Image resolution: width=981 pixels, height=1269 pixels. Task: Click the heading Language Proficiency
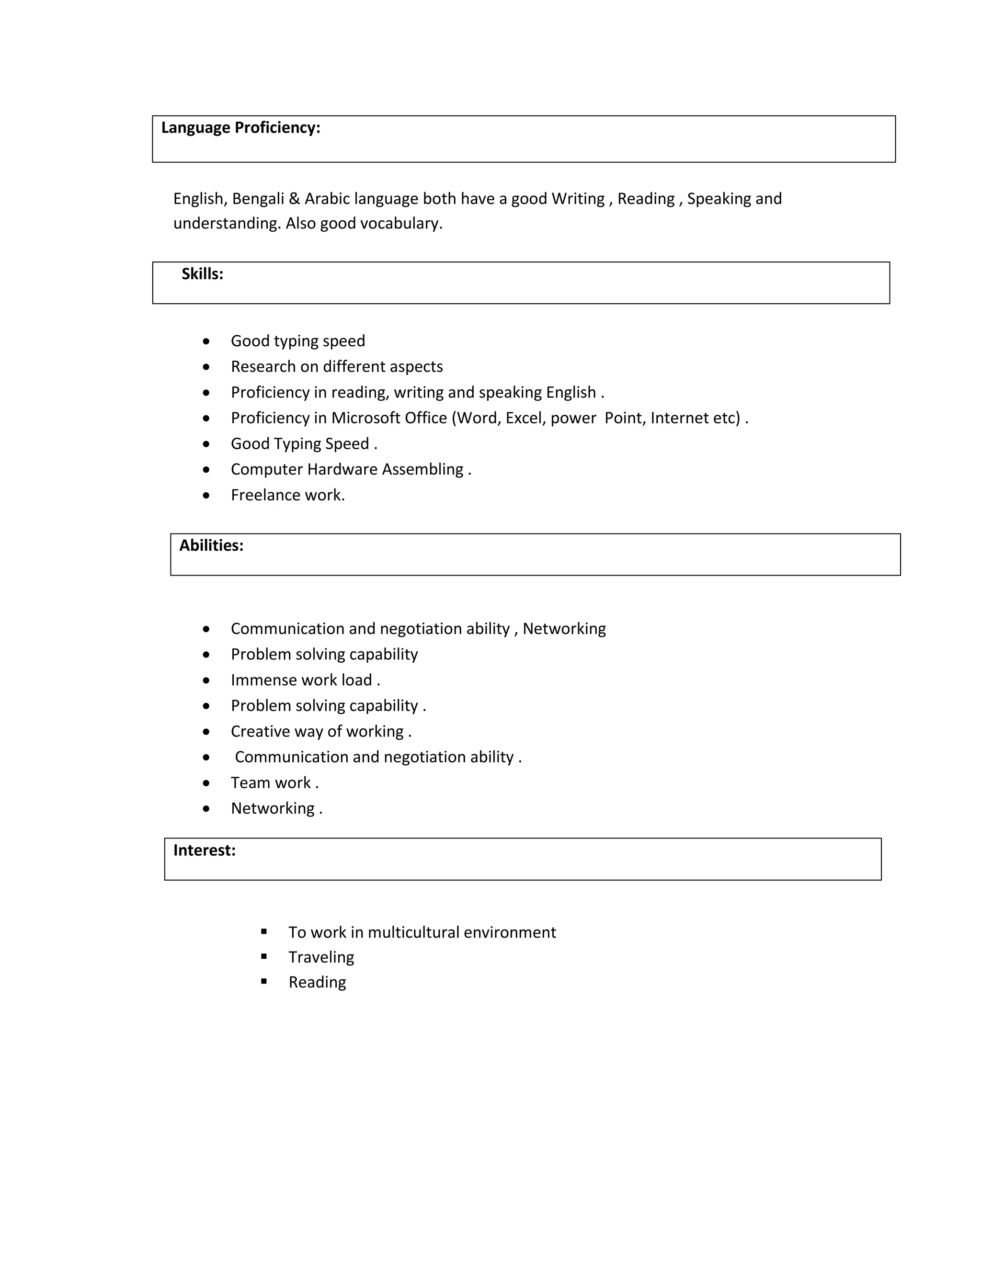[x=240, y=128]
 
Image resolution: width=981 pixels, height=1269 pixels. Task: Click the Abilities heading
[x=211, y=545]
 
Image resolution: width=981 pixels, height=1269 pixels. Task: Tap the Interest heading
[x=204, y=850]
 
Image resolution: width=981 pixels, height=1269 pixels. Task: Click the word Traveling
[x=321, y=958]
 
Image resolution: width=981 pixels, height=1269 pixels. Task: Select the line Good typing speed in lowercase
[x=297, y=341]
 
